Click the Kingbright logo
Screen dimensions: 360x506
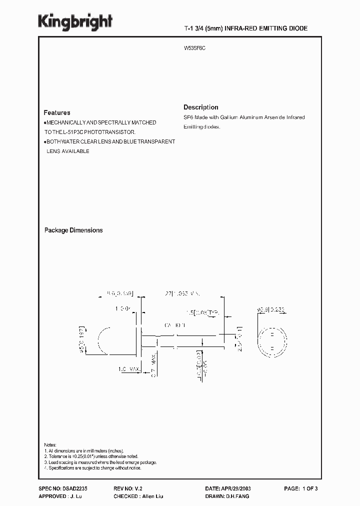pyautogui.click(x=75, y=21)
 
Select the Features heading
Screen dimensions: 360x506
pyautogui.click(x=56, y=113)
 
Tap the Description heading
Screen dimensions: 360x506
pyautogui.click(x=200, y=107)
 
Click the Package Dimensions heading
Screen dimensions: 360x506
pyautogui.click(x=73, y=230)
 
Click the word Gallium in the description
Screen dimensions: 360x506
pyautogui.click(x=217, y=117)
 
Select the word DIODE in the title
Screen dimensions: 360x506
pyautogui.click(x=297, y=29)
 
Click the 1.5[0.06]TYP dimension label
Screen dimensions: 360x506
pyautogui.click(x=205, y=312)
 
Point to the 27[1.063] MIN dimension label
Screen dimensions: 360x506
pyautogui.click(x=183, y=294)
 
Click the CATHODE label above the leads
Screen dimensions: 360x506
pyautogui.click(x=174, y=325)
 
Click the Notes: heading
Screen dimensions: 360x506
pyautogui.click(x=50, y=445)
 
